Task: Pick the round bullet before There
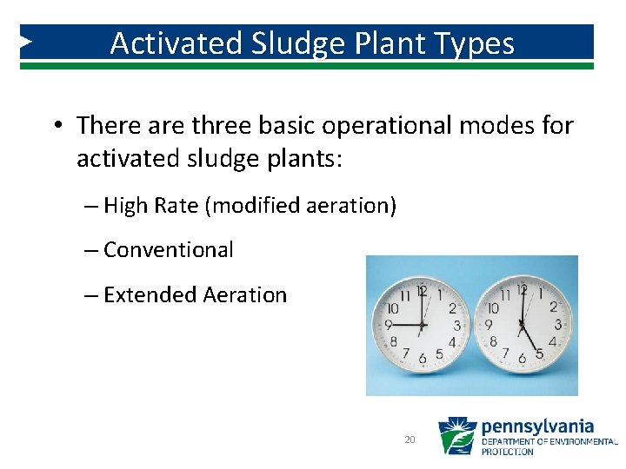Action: click(57, 126)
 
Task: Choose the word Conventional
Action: click(168, 250)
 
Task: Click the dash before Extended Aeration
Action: click(91, 295)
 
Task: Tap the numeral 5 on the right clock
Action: click(540, 354)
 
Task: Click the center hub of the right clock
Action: click(522, 326)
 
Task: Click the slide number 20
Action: click(410, 440)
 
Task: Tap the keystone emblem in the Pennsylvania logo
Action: click(456, 436)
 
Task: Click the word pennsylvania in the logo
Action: click(537, 426)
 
